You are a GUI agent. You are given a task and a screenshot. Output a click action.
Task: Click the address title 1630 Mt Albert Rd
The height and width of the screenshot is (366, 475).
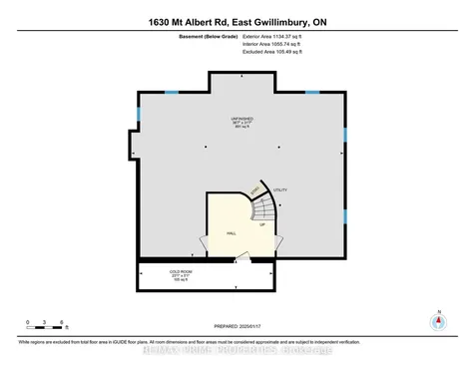click(x=237, y=19)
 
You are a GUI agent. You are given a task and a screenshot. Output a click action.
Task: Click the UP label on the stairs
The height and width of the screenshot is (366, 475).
click(x=261, y=225)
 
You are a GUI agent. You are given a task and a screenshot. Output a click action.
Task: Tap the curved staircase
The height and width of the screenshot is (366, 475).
click(x=262, y=209)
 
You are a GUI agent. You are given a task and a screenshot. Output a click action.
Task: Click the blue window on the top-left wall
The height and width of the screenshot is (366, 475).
click(x=171, y=93)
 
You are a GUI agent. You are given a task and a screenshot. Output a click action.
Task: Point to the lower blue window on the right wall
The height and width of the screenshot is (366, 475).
click(x=344, y=215)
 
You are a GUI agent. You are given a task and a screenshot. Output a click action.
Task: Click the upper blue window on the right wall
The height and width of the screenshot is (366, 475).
click(x=344, y=135)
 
